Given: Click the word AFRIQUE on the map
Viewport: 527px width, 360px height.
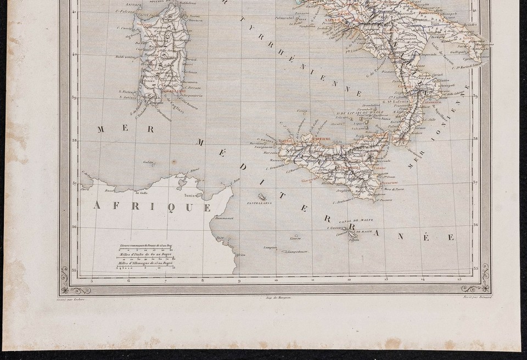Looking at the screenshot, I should (x=153, y=206).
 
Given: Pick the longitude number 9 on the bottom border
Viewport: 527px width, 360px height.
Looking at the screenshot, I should (x=239, y=280).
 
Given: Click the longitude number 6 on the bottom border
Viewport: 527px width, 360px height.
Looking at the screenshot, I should (x=128, y=280).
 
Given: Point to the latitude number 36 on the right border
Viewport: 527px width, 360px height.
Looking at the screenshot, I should (x=475, y=224).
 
